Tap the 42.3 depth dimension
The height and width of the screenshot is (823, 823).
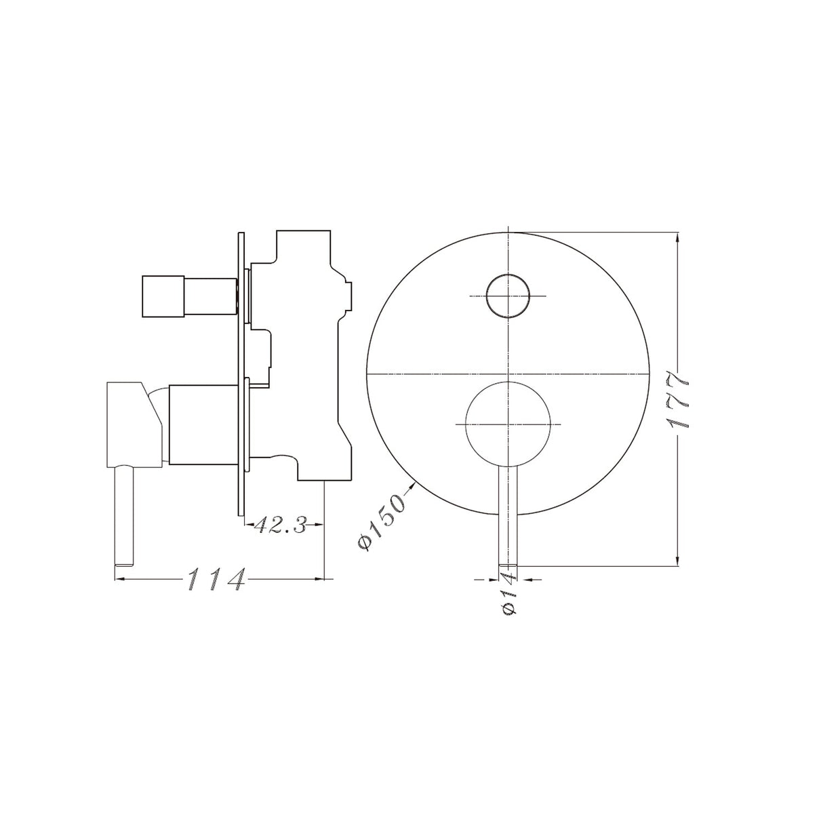point(281,525)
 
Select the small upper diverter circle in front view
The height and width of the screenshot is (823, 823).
point(507,296)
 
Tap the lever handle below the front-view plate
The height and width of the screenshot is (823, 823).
point(507,515)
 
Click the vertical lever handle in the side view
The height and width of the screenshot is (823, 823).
point(126,512)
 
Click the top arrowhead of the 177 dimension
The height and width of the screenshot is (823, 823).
point(678,237)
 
